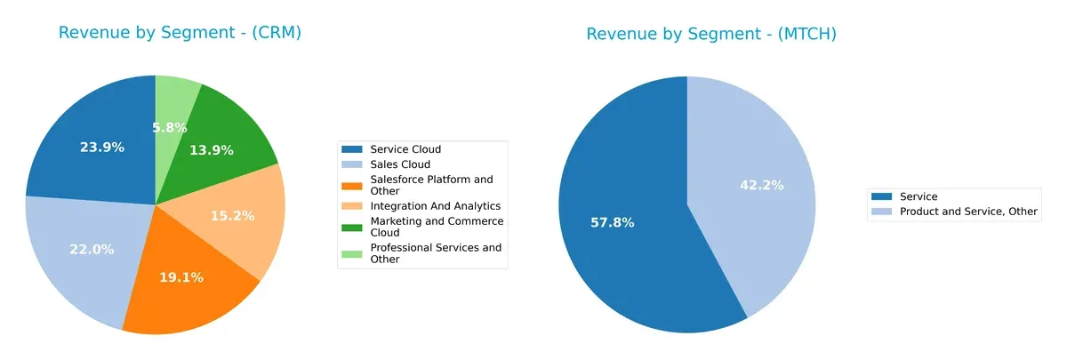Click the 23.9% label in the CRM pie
click(102, 148)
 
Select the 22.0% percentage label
click(92, 250)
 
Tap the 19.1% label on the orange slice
click(181, 277)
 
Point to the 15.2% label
click(232, 216)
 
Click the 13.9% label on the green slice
click(212, 150)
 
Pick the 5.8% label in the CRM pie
click(169, 128)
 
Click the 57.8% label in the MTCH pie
click(613, 222)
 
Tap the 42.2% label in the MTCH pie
click(761, 185)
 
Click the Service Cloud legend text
click(405, 149)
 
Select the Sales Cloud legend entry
click(400, 164)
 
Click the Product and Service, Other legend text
click(968, 212)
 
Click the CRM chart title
click(181, 33)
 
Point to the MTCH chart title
click(711, 34)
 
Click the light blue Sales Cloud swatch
click(353, 164)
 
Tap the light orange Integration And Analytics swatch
click(353, 205)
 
